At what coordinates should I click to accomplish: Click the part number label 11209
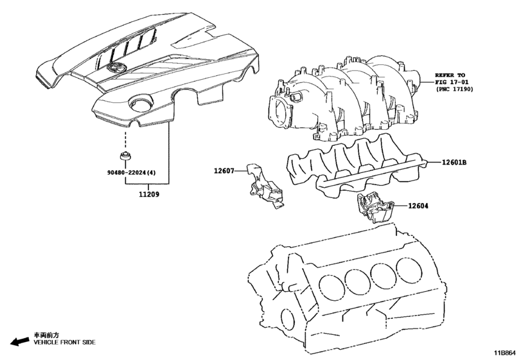(150, 194)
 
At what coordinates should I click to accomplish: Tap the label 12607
(225, 171)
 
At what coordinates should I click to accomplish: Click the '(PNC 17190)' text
(455, 91)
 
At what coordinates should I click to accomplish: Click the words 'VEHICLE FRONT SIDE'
(64, 343)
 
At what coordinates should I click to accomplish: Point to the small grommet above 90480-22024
(125, 157)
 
